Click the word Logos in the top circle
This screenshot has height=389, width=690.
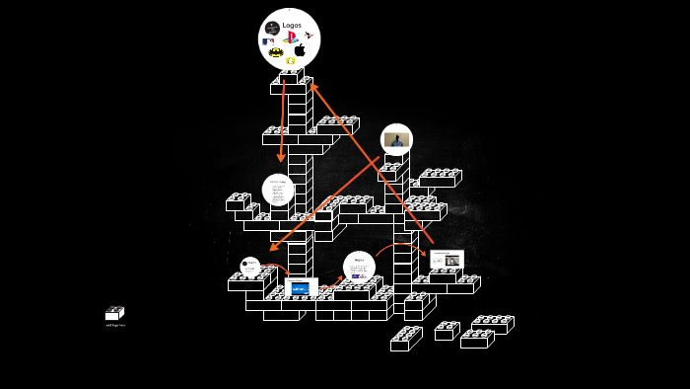click(292, 26)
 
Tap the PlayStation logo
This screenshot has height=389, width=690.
click(290, 38)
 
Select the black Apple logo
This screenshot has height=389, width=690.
click(300, 50)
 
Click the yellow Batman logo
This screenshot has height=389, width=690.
click(276, 52)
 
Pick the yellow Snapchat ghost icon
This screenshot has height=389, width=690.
click(291, 61)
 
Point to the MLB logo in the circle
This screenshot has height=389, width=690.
click(268, 41)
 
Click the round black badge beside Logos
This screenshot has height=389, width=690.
click(272, 27)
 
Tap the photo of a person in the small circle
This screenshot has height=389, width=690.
click(396, 140)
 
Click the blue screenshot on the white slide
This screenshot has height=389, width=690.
click(300, 288)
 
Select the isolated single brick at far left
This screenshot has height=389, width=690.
click(114, 313)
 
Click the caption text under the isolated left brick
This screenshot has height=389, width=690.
click(115, 325)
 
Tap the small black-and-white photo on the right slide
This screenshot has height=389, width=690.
click(452, 261)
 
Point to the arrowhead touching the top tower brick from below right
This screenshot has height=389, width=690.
click(312, 87)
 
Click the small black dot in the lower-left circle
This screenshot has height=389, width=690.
click(245, 264)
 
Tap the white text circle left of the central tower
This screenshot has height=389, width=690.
click(278, 190)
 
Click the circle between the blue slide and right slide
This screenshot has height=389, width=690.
click(359, 267)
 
